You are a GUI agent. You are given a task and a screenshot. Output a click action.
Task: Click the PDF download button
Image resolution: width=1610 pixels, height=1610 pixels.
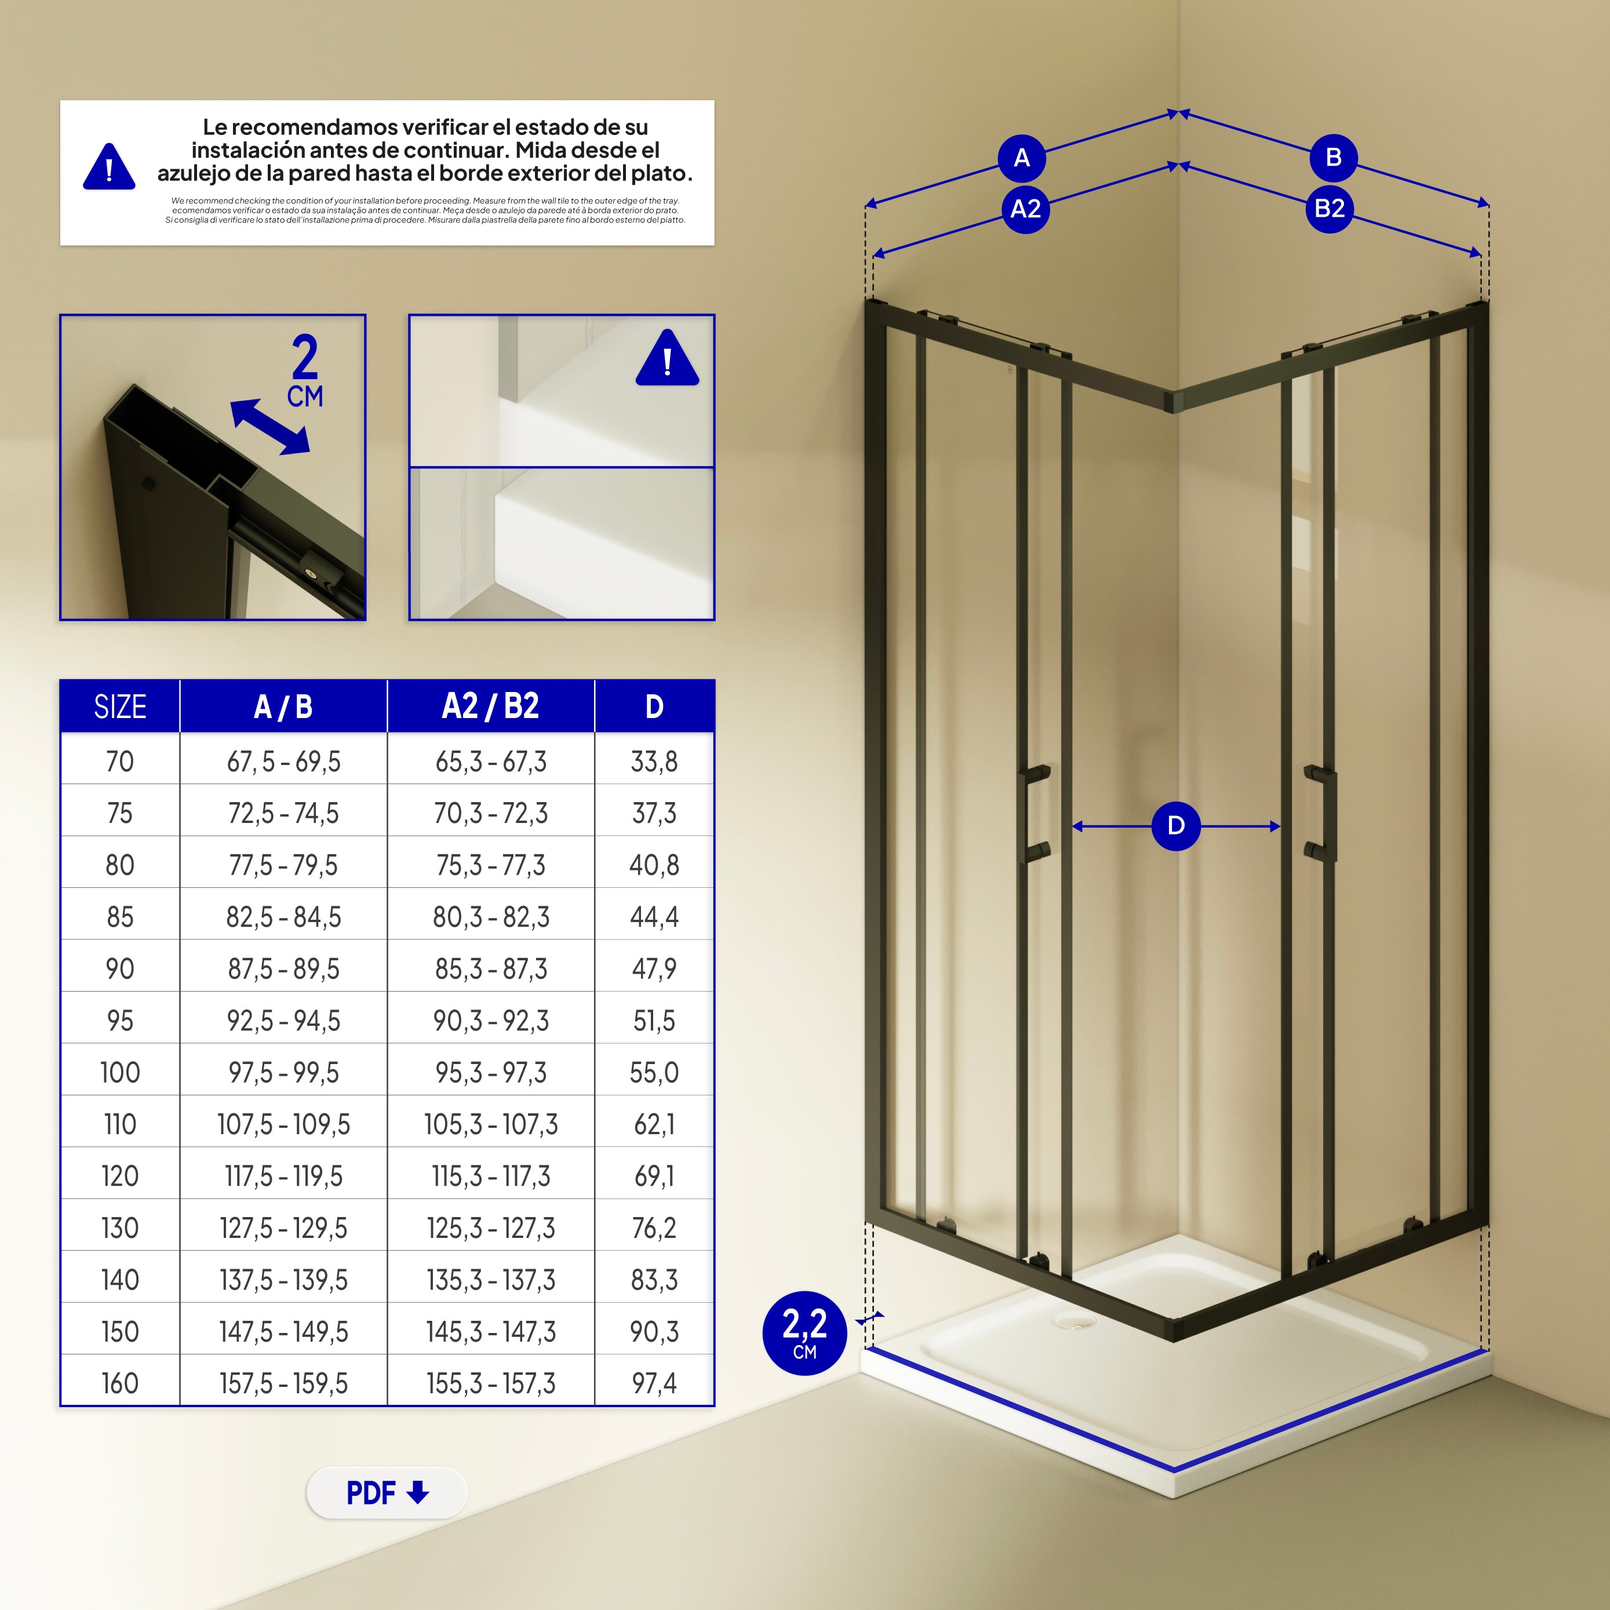387,1492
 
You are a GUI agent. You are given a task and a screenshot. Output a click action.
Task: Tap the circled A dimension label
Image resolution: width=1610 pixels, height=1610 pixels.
1022,158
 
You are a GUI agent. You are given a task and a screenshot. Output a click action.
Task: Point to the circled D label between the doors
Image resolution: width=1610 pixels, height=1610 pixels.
1176,826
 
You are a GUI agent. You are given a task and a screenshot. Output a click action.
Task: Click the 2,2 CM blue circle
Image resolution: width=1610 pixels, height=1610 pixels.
805,1332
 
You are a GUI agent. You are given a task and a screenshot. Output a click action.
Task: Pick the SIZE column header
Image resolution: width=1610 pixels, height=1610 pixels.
120,706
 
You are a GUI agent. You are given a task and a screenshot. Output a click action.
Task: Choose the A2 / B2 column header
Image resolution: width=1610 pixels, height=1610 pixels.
491,706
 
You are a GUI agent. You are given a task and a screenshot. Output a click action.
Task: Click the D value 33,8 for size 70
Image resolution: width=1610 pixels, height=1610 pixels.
654,762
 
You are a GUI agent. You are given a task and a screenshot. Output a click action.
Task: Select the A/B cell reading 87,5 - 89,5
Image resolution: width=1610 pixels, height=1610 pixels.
283,969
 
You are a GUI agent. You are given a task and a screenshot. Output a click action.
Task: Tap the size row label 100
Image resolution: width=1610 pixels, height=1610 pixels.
120,1073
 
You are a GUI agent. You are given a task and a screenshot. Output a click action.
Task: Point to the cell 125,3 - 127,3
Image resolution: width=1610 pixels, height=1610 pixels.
491,1228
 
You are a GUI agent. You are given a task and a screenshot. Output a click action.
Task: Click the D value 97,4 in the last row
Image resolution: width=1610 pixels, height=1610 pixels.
654,1384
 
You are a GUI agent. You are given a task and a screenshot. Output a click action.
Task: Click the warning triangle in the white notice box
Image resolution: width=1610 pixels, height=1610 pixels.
109,167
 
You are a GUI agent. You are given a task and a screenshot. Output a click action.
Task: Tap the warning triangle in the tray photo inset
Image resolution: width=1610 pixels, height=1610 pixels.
668,358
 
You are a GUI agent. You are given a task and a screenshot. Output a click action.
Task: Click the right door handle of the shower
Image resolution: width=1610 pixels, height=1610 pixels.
1320,813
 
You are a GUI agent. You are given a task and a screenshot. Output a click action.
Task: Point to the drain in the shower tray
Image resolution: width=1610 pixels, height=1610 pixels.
1075,1320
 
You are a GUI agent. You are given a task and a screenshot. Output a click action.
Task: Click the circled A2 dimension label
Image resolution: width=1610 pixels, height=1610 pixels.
1026,208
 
